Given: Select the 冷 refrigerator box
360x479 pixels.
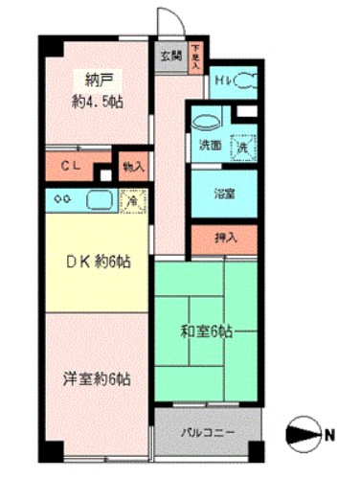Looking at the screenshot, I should [x=132, y=201].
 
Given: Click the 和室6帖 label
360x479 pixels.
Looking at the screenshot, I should [x=208, y=332].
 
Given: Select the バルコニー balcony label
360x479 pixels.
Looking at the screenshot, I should [x=208, y=431].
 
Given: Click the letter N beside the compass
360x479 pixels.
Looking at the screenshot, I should [x=328, y=434].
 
